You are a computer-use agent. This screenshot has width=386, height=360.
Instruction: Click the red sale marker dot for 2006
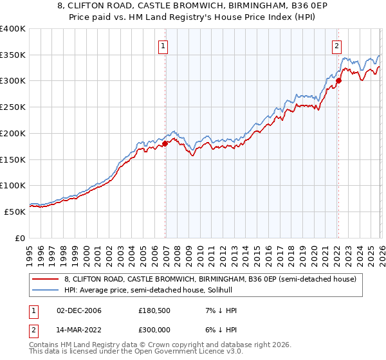[x=165, y=143]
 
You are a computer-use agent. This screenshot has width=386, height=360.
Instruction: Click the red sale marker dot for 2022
[x=338, y=80]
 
